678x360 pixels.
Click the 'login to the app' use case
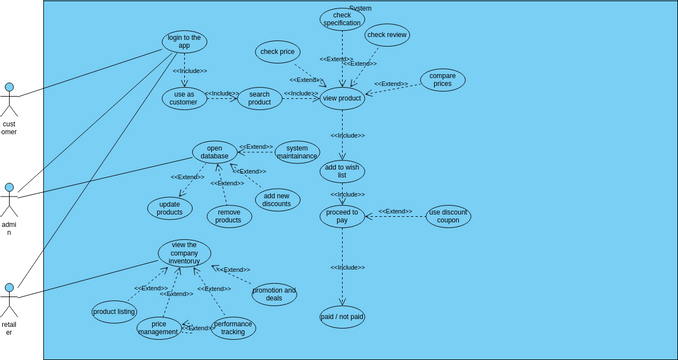[184, 42]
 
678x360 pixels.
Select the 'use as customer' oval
[184, 98]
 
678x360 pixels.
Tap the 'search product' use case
[260, 98]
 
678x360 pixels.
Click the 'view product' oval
[342, 98]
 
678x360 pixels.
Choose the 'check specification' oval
[342, 19]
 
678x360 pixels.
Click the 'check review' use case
[387, 35]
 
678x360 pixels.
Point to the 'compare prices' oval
[442, 80]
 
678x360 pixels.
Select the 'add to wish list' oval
[342, 171]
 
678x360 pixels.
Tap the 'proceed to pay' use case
[342, 216]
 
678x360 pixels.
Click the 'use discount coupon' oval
[448, 216]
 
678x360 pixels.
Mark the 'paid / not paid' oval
[342, 317]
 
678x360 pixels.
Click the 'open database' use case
[215, 152]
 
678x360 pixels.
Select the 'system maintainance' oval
[297, 152]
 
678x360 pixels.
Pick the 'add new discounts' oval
[277, 199]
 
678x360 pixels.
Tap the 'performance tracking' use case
[233, 327]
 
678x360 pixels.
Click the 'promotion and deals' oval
[274, 294]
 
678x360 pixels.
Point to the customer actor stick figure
[9, 100]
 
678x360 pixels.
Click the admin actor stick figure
[9, 200]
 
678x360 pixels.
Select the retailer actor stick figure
[9, 301]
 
